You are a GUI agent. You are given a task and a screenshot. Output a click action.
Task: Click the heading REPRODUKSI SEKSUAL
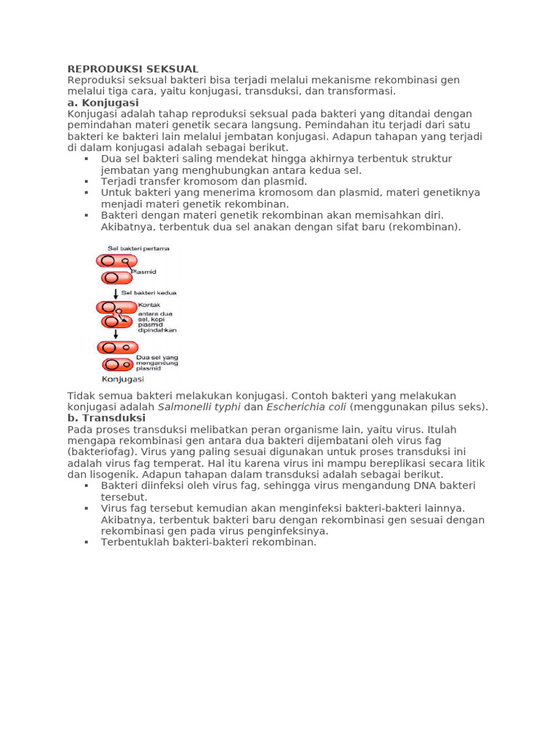point(133,69)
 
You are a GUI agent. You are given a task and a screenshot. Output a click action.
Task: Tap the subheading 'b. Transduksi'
point(106,418)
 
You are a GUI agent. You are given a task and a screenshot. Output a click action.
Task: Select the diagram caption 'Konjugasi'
point(123,379)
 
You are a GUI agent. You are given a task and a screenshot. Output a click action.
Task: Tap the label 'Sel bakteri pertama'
point(139,249)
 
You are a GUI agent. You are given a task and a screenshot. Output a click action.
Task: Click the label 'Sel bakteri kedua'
point(149,293)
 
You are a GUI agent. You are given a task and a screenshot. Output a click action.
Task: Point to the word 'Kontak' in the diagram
point(149,305)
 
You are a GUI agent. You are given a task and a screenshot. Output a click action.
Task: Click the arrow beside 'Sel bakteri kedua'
point(115,293)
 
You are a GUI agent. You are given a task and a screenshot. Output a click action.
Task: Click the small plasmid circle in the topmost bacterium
point(125,261)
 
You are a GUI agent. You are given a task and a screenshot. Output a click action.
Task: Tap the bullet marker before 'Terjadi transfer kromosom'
point(86,181)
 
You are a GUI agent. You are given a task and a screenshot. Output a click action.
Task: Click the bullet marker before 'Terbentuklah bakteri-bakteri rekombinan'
point(86,542)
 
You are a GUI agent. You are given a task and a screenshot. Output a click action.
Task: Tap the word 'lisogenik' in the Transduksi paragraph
point(106,475)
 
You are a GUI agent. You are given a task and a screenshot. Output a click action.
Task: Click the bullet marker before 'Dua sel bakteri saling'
point(86,159)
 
